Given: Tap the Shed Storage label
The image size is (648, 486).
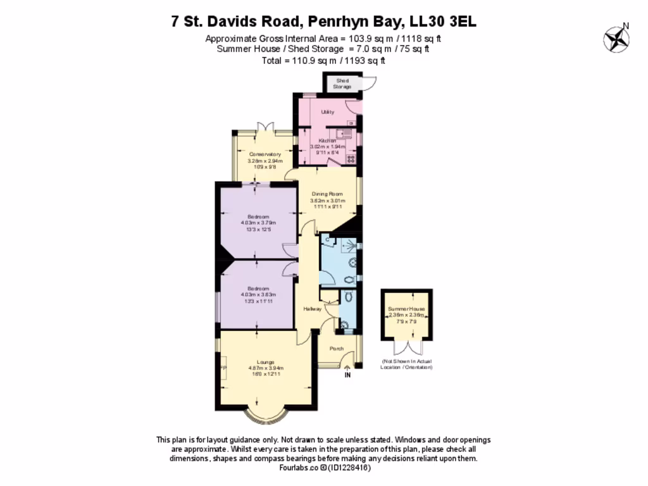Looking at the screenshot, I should [x=342, y=84].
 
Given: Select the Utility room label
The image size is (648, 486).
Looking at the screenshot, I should [x=327, y=112].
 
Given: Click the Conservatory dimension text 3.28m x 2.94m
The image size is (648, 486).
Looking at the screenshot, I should [x=265, y=161].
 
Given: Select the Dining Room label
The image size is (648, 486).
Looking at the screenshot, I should [x=327, y=194].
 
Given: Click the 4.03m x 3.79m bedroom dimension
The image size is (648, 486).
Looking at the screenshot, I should [x=258, y=223].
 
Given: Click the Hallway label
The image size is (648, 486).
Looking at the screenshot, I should [x=312, y=309].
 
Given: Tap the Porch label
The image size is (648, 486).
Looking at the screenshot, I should [x=337, y=349].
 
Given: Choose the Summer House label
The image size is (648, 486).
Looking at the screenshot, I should [x=407, y=309].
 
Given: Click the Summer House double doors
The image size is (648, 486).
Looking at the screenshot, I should [x=407, y=347].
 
